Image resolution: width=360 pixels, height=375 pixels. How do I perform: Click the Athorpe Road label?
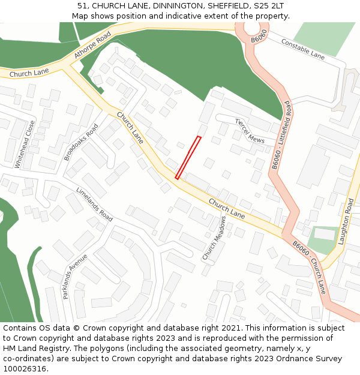pyautogui.click(x=93, y=46)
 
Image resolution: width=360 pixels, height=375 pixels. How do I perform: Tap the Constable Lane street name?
pyautogui.click(x=302, y=49)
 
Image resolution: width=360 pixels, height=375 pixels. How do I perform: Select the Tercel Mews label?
pyautogui.click(x=250, y=130)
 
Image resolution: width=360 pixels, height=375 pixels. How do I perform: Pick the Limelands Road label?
pyautogui.click(x=94, y=204)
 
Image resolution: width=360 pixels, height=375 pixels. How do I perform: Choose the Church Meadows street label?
pyautogui.click(x=214, y=238)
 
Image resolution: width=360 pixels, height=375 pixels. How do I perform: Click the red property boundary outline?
pyautogui.click(x=188, y=157)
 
